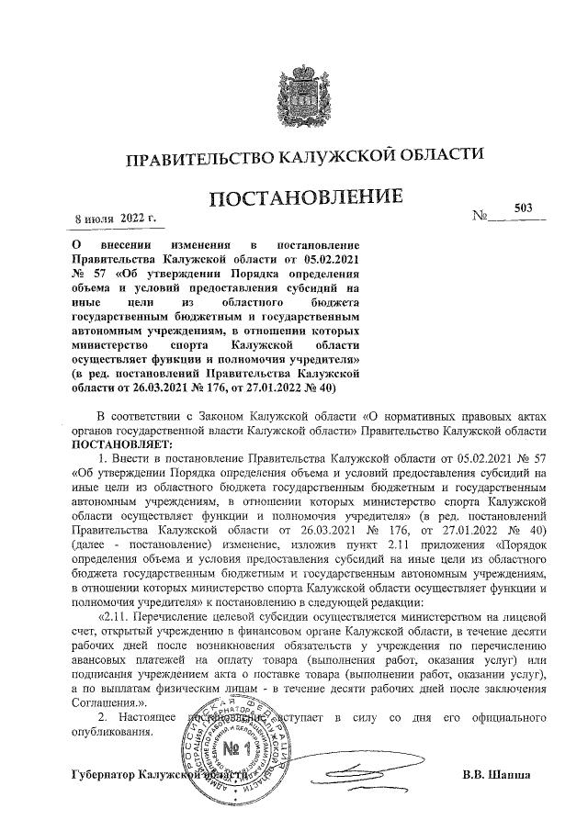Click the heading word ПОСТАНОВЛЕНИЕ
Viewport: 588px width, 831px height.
[309, 198]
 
